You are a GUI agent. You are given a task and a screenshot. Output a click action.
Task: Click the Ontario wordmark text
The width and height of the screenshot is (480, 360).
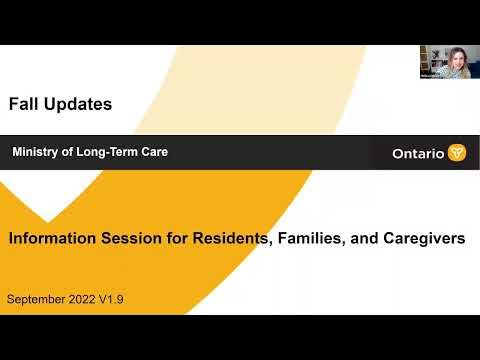tap(419, 153)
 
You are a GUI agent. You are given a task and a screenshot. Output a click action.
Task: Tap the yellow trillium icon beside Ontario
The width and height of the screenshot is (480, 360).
tap(457, 153)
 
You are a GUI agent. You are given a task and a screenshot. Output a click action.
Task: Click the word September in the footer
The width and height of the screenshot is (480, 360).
tap(39, 300)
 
